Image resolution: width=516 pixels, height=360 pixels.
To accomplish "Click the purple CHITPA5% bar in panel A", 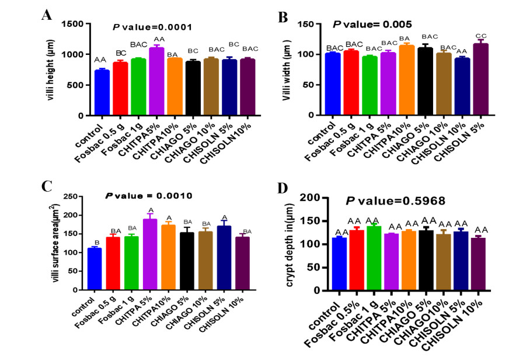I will [156, 81].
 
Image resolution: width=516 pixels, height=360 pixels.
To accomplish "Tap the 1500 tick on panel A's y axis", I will [78, 24].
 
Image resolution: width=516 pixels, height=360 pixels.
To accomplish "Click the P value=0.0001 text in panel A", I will [152, 27].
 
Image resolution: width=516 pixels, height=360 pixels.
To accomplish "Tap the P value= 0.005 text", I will [372, 25].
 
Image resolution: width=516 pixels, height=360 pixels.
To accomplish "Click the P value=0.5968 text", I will [396, 201].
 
